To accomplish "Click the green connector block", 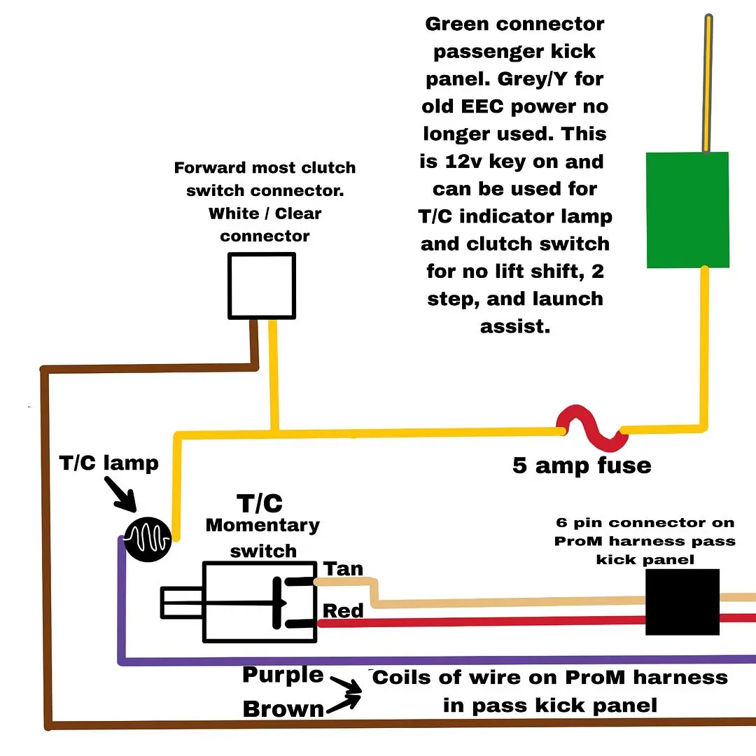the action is click(x=687, y=210).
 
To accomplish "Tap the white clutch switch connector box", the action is click(x=262, y=286).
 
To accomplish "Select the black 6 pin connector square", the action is click(x=682, y=602).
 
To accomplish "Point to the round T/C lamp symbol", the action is click(x=148, y=540).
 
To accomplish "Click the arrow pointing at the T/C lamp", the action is click(x=120, y=494).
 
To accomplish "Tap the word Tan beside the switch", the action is click(x=343, y=569).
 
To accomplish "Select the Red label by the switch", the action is click(x=343, y=611).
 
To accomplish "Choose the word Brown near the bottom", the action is click(x=283, y=709).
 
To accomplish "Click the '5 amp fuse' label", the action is click(x=582, y=465).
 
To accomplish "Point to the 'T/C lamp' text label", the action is click(x=109, y=463).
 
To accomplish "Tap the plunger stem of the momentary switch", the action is click(x=182, y=603).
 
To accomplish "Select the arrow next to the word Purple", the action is click(x=346, y=685).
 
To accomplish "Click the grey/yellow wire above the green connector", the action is click(x=708, y=83).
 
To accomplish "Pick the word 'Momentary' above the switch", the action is click(x=262, y=526).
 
